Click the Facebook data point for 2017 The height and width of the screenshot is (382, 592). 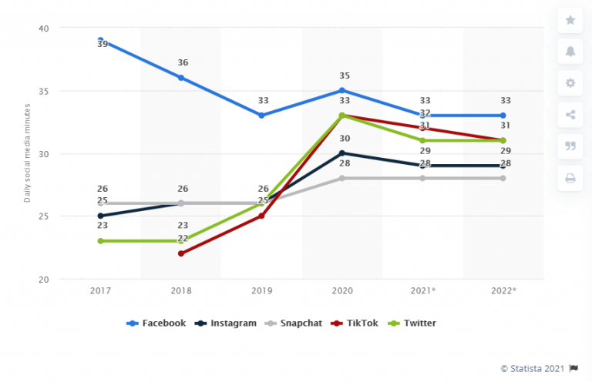(x=100, y=40)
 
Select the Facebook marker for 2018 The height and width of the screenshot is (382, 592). (x=181, y=78)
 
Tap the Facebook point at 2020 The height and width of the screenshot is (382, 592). (x=342, y=90)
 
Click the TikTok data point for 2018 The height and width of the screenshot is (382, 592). (x=181, y=253)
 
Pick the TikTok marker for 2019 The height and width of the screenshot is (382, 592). (x=261, y=216)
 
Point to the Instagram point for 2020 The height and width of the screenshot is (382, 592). (x=342, y=153)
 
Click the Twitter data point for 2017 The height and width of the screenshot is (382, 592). (x=100, y=241)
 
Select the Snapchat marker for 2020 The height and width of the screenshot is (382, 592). (x=342, y=178)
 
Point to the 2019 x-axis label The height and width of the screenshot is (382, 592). (x=261, y=290)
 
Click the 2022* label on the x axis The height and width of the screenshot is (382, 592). (x=503, y=290)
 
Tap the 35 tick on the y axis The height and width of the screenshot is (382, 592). (x=43, y=91)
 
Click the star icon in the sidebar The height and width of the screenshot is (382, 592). (x=570, y=20)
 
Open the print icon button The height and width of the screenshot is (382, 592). (x=570, y=178)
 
